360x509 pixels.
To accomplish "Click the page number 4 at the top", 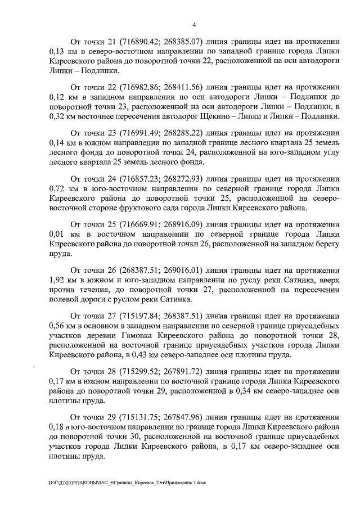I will point(193,25).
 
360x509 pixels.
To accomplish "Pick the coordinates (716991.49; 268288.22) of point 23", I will point(164,134).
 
